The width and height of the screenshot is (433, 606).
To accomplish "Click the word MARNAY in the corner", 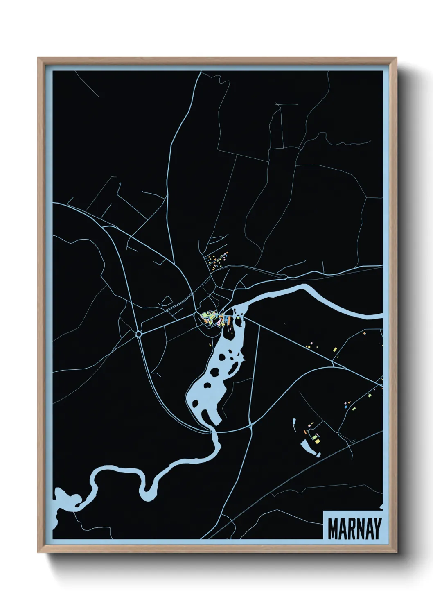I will point(354,529).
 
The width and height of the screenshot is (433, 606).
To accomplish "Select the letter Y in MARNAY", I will point(377,529).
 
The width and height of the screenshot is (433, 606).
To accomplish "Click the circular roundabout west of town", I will point(139,334).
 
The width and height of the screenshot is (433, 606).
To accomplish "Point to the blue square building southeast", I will point(345,407).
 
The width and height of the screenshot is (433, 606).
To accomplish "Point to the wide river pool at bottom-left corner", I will point(65,500).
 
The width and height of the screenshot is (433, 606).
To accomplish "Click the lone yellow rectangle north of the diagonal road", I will point(335,349).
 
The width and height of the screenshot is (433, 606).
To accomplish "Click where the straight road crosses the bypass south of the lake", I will point(250,426).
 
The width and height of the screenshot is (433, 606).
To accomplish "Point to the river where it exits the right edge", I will point(380,316).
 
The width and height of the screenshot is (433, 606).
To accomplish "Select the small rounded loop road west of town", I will point(167,302).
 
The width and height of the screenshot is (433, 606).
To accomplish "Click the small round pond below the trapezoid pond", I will point(318,454).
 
